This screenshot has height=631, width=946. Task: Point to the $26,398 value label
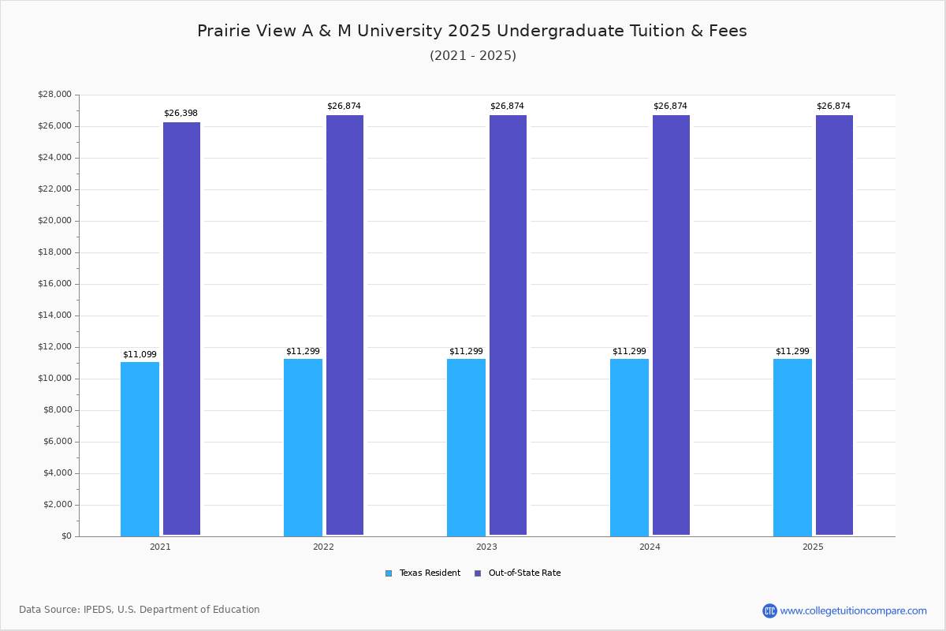pyautogui.click(x=181, y=114)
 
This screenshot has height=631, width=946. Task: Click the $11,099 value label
pyautogui.click(x=140, y=355)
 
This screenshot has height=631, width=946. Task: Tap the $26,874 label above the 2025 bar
pyautogui.click(x=833, y=106)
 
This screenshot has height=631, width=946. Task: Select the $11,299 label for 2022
pyautogui.click(x=303, y=352)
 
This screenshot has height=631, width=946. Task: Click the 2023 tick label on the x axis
pyautogui.click(x=486, y=547)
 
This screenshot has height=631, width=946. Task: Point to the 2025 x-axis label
pyautogui.click(x=813, y=547)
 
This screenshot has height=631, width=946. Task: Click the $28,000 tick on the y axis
pyautogui.click(x=54, y=95)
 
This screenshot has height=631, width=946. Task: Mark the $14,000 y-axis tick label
pyautogui.click(x=54, y=315)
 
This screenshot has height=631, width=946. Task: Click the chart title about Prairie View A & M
pyautogui.click(x=472, y=31)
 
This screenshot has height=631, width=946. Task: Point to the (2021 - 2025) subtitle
pyautogui.click(x=473, y=56)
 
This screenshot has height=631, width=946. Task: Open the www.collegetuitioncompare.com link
pyautogui.click(x=853, y=610)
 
